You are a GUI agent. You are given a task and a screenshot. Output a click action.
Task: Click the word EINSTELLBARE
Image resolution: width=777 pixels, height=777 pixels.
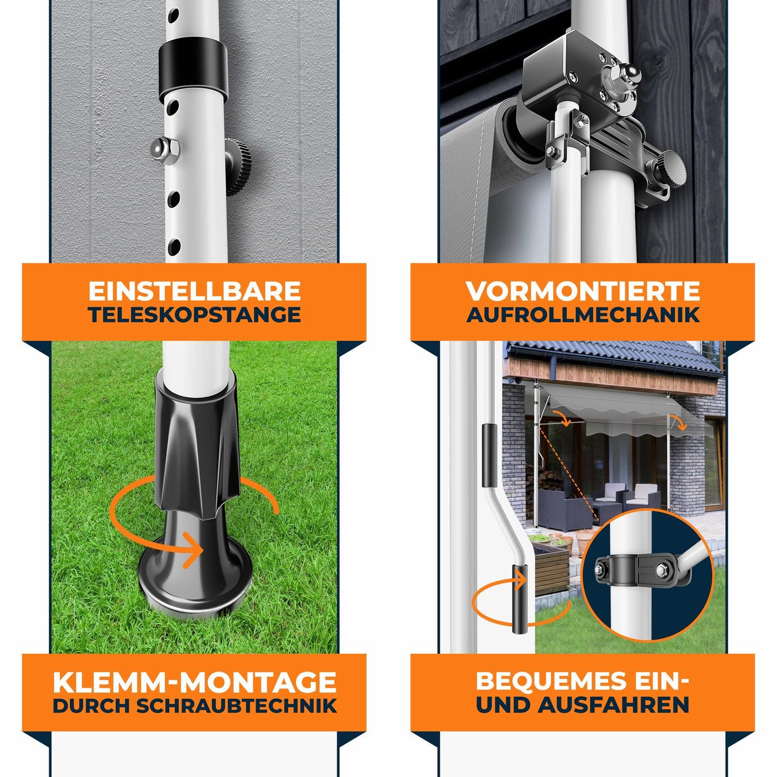[x=194, y=291]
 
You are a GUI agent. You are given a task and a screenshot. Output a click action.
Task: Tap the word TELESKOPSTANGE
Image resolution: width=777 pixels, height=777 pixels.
[x=194, y=315]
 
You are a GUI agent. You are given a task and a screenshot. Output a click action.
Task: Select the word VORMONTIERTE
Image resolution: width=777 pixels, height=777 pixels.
[x=583, y=291]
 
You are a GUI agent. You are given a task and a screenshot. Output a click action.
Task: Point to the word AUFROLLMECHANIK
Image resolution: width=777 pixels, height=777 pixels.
[x=583, y=315]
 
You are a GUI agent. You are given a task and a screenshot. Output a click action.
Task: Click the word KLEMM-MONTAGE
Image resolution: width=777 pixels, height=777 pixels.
[x=194, y=682]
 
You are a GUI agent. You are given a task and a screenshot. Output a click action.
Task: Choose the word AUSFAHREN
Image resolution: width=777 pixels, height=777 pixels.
[x=613, y=706]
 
